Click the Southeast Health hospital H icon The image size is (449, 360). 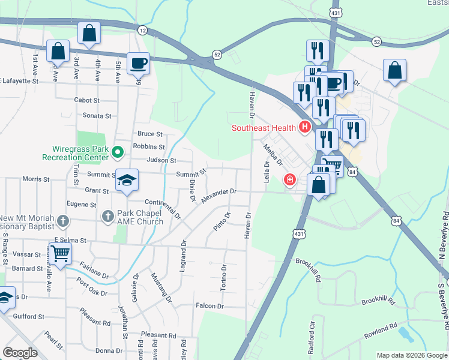click(305, 127)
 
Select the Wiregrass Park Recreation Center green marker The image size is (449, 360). click(118, 152)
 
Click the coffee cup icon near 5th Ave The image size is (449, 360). click(138, 64)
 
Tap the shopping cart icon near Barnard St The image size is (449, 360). click(60, 254)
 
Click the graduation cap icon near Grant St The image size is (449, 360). click(127, 181)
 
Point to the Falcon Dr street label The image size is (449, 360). click(209, 306)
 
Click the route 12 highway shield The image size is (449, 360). click(142, 29)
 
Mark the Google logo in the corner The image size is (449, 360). click(20, 353)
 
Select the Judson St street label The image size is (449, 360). click(162, 161)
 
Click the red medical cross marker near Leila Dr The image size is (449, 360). click(290, 179)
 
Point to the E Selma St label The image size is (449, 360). click(70, 240)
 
